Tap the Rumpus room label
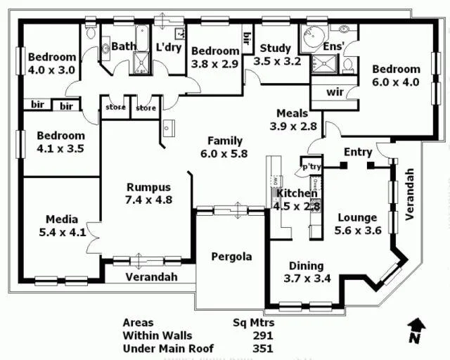(x=148, y=187)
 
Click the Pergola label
(x=231, y=256)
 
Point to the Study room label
(x=275, y=48)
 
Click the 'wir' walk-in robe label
(x=334, y=92)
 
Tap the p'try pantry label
(x=311, y=167)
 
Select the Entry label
(x=358, y=152)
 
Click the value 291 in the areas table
(x=262, y=335)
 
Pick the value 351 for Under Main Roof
(x=262, y=348)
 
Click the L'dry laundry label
(x=169, y=47)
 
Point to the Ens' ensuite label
(x=333, y=46)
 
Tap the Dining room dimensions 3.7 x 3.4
(x=306, y=278)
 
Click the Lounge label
(x=356, y=217)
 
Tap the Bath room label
(x=124, y=46)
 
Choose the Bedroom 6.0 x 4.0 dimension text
(x=397, y=81)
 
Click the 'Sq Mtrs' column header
(x=253, y=323)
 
